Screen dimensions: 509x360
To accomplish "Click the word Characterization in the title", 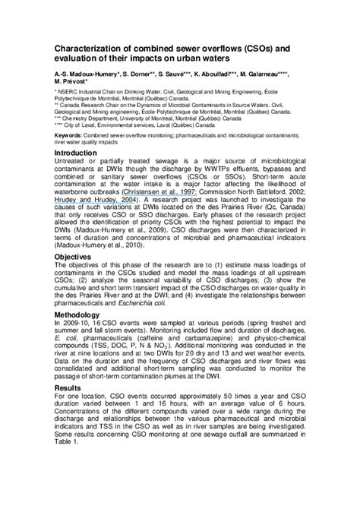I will tap(90, 48).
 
